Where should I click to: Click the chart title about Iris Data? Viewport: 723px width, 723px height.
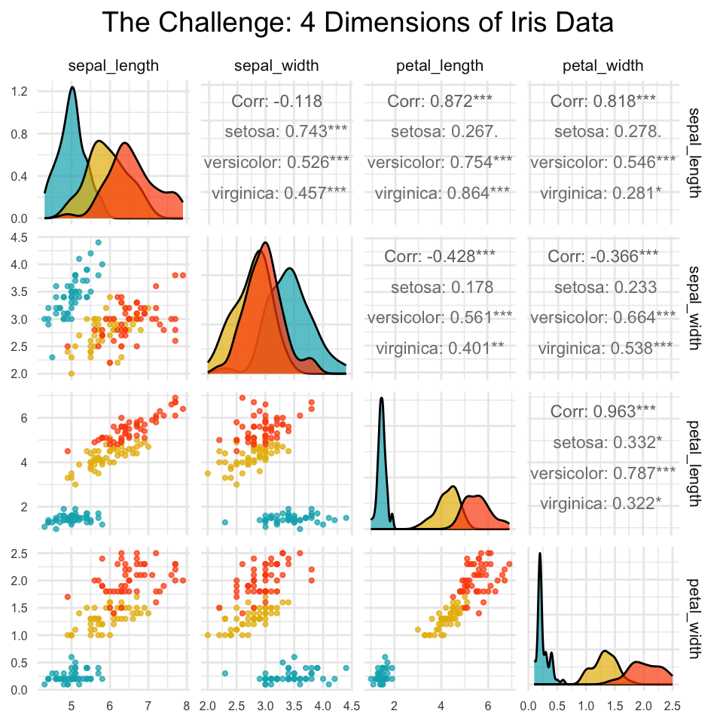[357, 22]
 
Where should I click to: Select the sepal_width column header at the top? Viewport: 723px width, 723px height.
[276, 66]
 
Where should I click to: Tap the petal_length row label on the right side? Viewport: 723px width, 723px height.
[694, 463]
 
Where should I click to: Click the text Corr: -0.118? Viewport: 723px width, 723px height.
[276, 101]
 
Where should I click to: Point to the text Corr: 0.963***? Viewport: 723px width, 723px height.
[603, 411]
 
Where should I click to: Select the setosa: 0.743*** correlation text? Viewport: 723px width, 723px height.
[286, 131]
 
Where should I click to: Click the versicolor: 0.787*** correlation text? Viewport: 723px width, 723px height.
[603, 473]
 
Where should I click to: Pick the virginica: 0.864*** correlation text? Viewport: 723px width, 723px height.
[442, 194]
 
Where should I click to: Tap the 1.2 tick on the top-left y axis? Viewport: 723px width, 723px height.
[20, 91]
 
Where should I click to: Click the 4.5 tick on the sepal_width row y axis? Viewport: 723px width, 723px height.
[20, 237]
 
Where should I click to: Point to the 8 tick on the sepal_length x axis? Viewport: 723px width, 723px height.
[186, 706]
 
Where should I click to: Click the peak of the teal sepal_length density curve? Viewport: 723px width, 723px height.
[72, 87]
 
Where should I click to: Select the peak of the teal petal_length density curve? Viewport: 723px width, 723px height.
[381, 398]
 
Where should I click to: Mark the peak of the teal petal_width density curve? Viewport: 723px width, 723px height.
[539, 554]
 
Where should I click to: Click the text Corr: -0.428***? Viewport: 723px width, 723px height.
[440, 256]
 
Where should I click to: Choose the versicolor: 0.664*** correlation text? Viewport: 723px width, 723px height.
[603, 318]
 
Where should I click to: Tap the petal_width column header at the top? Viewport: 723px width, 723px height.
[602, 66]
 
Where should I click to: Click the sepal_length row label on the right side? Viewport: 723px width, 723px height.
[694, 153]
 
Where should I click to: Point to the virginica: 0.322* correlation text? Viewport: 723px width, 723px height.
[601, 504]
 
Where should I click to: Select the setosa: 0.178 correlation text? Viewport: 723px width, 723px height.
[442, 287]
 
